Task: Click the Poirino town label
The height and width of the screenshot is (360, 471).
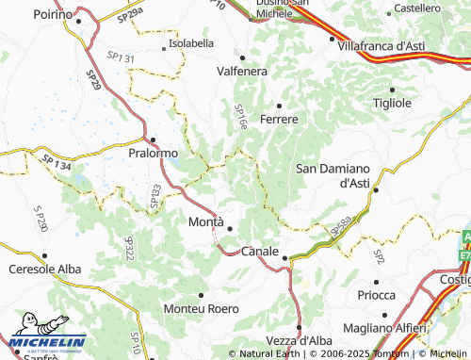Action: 53,15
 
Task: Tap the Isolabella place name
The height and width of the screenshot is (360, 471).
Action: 189,44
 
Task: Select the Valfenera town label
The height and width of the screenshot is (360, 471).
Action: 242,71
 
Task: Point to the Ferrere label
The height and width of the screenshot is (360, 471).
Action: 279,120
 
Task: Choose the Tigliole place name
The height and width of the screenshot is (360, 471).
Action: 393,102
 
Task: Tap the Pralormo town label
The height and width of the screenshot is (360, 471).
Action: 153,151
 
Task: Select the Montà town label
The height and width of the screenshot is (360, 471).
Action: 206,222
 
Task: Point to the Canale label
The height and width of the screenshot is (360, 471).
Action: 260,252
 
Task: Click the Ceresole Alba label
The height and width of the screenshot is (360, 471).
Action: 43,270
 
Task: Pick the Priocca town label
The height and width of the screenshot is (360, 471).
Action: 377,294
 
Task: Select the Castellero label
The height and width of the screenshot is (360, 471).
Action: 417,8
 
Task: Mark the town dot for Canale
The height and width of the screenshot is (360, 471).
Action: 284,257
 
